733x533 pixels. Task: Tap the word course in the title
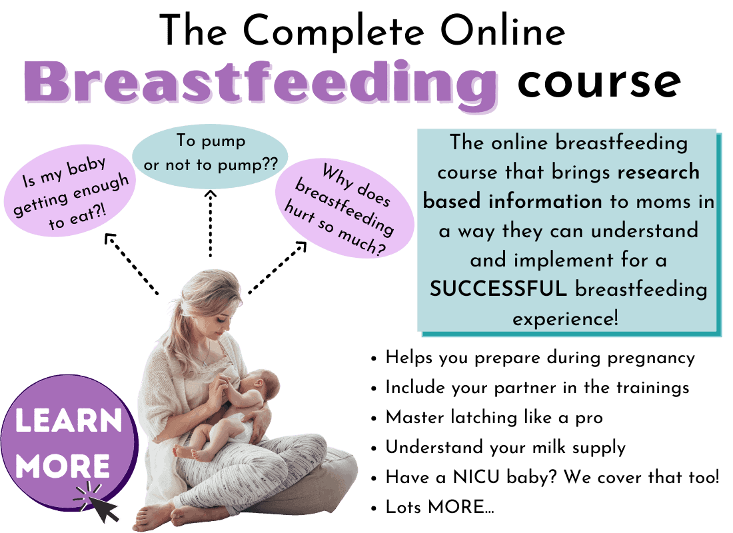click(599, 83)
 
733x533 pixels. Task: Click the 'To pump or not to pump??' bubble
click(210, 157)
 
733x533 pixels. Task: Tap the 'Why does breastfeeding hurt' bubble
click(345, 209)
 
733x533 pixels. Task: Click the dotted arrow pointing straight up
click(211, 223)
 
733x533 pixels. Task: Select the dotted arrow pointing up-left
click(132, 264)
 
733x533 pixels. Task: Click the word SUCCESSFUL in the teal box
click(498, 288)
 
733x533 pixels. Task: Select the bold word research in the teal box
click(658, 172)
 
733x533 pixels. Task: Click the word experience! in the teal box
click(566, 319)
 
